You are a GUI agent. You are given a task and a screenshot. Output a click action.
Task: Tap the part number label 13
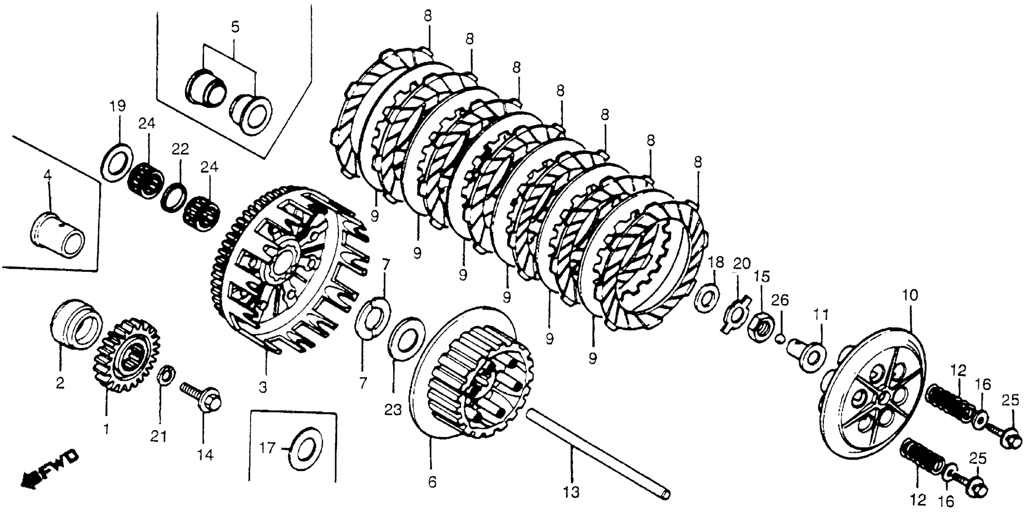(571, 492)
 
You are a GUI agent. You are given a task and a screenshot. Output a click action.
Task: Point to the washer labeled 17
(307, 449)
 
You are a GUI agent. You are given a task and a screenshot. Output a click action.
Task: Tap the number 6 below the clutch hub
(432, 481)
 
